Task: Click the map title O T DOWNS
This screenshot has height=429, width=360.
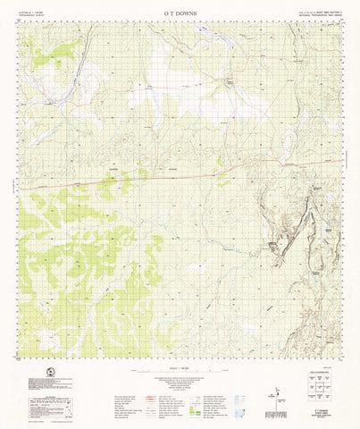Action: [180, 13]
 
